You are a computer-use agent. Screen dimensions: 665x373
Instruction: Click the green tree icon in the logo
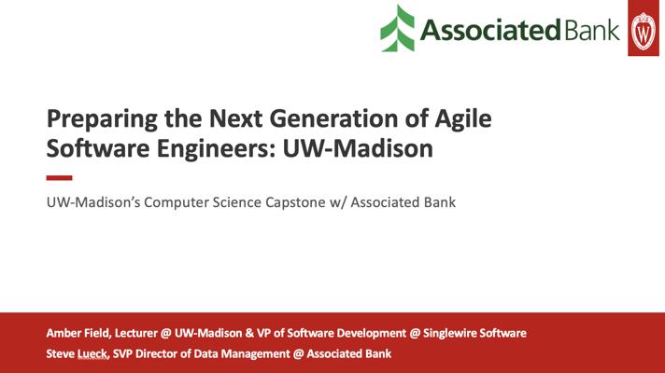pyautogui.click(x=397, y=28)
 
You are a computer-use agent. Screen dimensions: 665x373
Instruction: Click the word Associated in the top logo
pyautogui.click(x=490, y=31)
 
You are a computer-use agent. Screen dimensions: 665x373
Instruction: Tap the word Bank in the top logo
pyautogui.click(x=592, y=31)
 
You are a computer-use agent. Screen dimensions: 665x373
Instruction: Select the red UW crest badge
pyautogui.click(x=644, y=28)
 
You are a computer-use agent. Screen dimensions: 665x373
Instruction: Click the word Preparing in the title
pyautogui.click(x=102, y=119)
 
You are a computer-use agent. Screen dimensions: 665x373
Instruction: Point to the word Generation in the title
pyautogui.click(x=333, y=118)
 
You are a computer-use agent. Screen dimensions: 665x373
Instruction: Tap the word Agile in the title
pyautogui.click(x=463, y=119)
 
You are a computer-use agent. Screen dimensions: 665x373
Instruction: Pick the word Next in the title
pyautogui.click(x=236, y=118)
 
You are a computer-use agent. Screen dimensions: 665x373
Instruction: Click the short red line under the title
pyautogui.click(x=60, y=178)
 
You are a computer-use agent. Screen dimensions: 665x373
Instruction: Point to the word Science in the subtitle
pyautogui.click(x=237, y=202)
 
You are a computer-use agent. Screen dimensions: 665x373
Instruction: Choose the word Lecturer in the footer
pyautogui.click(x=135, y=333)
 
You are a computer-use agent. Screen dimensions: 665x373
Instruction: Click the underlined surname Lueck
pyautogui.click(x=93, y=354)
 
